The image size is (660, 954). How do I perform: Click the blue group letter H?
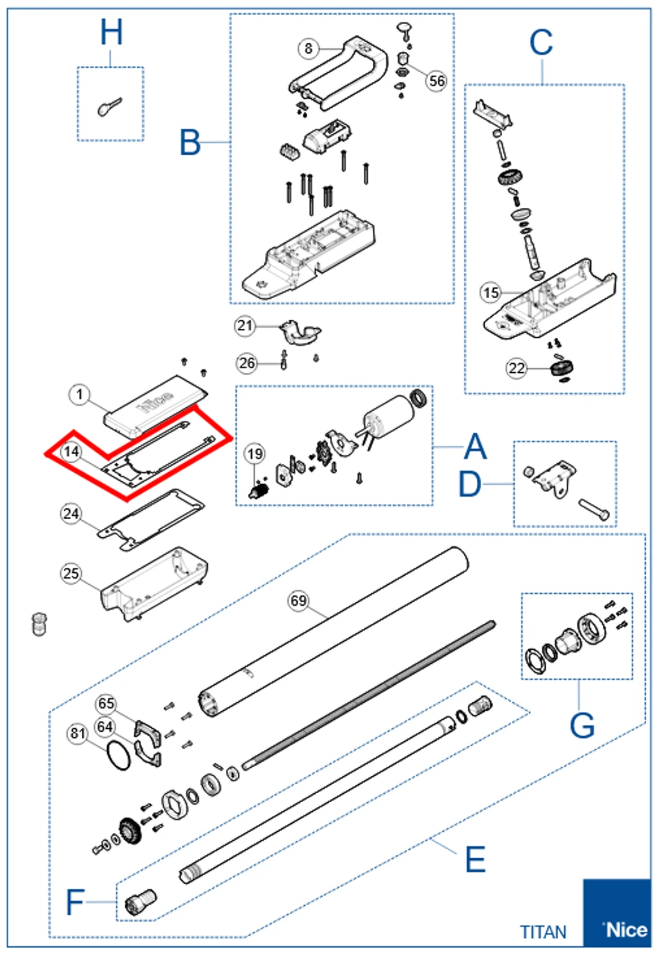(111, 33)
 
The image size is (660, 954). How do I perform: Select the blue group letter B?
(190, 143)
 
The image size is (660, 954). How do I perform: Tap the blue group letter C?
(541, 43)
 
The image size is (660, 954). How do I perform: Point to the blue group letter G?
(582, 725)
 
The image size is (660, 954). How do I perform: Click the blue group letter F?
(75, 902)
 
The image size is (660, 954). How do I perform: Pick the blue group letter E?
(475, 859)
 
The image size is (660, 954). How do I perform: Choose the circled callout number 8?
(308, 48)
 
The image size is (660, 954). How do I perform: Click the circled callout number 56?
(437, 81)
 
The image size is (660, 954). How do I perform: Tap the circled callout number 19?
(255, 454)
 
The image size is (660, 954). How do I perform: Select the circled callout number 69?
(299, 600)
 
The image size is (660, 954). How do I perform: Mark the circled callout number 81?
(78, 733)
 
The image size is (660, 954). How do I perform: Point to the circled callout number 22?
(517, 368)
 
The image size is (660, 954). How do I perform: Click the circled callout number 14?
(71, 451)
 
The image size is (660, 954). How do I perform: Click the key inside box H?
(110, 107)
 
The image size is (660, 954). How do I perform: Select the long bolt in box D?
(594, 510)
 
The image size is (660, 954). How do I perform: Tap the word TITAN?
(543, 932)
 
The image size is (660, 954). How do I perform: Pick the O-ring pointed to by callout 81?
(119, 755)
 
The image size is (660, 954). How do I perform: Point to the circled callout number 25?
(71, 573)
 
